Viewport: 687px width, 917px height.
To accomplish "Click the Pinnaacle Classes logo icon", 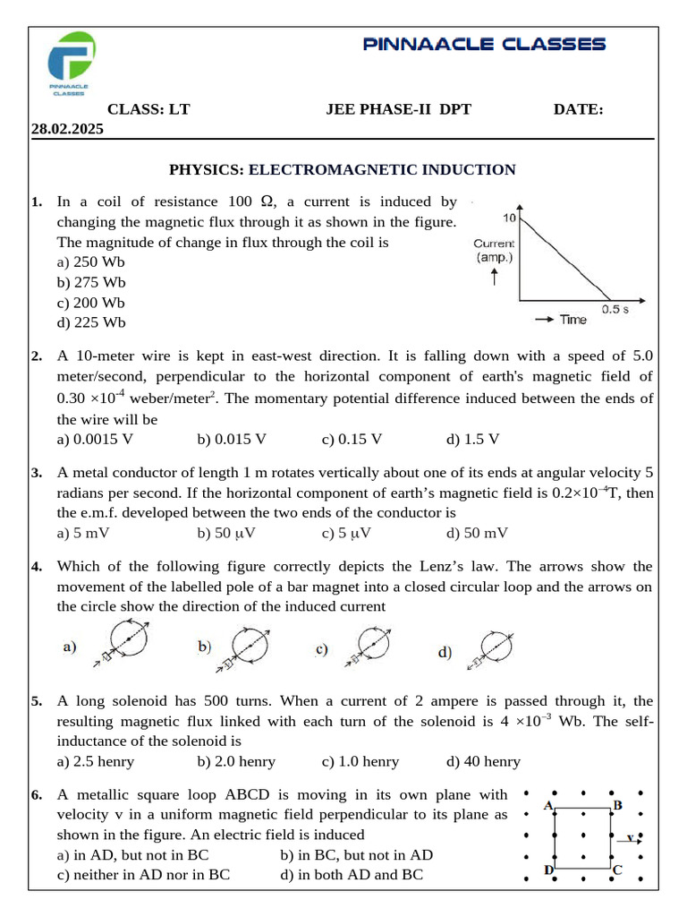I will click(x=72, y=61).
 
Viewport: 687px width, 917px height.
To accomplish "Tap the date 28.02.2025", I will click(x=67, y=129).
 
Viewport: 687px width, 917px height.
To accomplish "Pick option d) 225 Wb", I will click(x=90, y=322).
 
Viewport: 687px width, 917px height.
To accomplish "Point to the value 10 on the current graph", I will click(x=509, y=217).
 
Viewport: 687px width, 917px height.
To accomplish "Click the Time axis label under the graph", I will click(x=572, y=320).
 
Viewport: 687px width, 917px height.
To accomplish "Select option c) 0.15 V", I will click(x=352, y=439).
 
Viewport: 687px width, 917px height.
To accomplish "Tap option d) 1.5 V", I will click(x=472, y=439).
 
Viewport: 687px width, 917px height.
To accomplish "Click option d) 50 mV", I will click(x=477, y=534).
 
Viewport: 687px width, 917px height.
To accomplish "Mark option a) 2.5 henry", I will click(x=95, y=761).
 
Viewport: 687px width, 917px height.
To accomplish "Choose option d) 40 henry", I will click(x=483, y=761).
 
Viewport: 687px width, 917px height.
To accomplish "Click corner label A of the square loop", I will click(x=548, y=805).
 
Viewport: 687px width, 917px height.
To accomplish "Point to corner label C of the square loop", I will click(x=617, y=869).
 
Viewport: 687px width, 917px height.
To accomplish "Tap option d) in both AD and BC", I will click(x=352, y=875).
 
